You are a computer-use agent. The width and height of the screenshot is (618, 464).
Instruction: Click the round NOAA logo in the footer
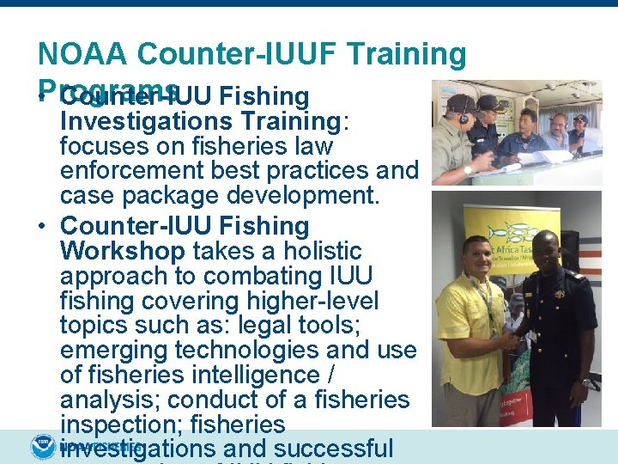(x=42, y=447)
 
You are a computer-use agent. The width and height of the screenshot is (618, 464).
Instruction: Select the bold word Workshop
(x=122, y=252)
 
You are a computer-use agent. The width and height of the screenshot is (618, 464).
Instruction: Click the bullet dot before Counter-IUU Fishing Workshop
(x=43, y=227)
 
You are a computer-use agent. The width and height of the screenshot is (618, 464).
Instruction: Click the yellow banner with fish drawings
(x=506, y=236)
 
